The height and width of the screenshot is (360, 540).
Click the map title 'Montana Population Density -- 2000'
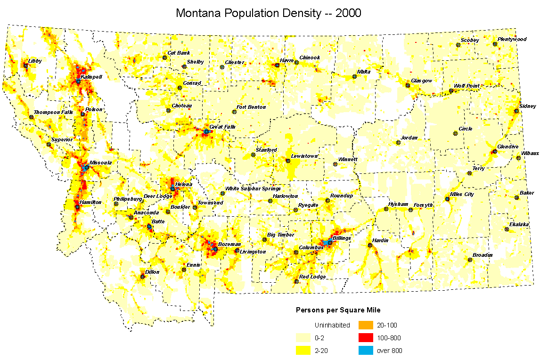268,13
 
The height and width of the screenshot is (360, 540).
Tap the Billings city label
342,238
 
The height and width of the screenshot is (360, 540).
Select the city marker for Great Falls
206,131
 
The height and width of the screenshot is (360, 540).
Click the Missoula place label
100,163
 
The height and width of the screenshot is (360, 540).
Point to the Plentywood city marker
495,44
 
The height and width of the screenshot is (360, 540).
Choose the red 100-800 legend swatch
366,338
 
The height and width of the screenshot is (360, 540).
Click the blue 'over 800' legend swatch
366,351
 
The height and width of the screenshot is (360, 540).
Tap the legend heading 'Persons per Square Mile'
338,310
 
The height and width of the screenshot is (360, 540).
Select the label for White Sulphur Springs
253,188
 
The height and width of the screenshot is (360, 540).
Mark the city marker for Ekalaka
507,229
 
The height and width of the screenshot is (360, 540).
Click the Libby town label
35,61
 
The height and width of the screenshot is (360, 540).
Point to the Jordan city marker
398,142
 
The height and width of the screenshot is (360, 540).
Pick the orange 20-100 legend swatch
366,325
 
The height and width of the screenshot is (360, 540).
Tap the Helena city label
184,184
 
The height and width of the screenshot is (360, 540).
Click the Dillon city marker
143,277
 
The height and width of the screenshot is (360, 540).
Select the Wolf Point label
466,86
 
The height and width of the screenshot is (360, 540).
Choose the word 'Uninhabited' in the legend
332,325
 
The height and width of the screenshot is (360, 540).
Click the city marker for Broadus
470,260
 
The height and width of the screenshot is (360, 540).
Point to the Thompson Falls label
53,112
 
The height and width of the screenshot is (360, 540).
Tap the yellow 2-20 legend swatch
303,351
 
